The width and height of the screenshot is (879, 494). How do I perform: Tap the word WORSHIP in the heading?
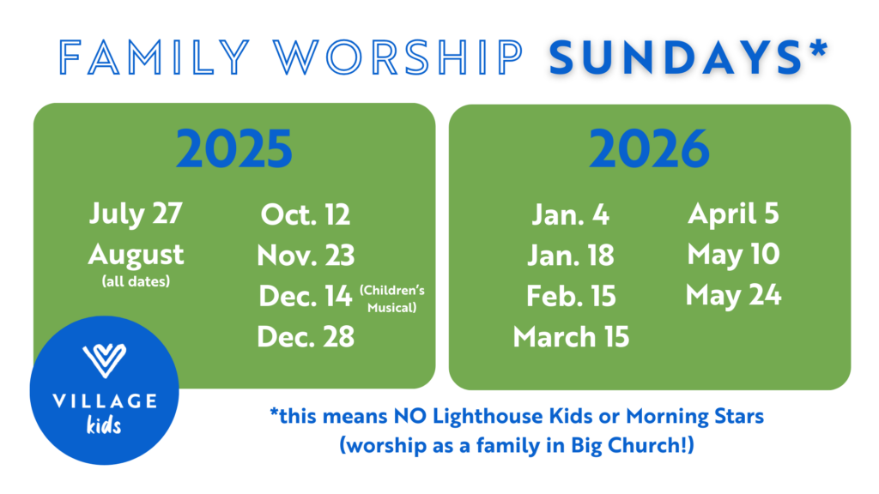pyautogui.click(x=398, y=57)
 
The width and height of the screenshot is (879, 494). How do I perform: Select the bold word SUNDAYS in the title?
pyautogui.click(x=676, y=57)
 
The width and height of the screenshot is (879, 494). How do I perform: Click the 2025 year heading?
pyautogui.click(x=234, y=148)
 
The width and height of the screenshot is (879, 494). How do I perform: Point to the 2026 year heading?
pyautogui.click(x=649, y=148)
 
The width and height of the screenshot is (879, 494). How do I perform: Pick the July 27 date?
pyautogui.click(x=136, y=214)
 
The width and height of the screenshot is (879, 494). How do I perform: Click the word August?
pyautogui.click(x=136, y=256)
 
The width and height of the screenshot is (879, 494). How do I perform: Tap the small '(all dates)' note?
pyautogui.click(x=136, y=280)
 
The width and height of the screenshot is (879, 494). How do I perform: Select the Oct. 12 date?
pyautogui.click(x=306, y=214)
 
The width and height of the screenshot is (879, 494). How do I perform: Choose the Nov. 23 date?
pyautogui.click(x=306, y=256)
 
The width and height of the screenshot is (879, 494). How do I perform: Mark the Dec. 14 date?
pyautogui.click(x=305, y=296)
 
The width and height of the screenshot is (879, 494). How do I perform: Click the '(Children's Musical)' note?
pyautogui.click(x=391, y=298)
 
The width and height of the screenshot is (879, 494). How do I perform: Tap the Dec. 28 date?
pyautogui.click(x=306, y=336)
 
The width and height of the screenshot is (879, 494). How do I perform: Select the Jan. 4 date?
pyautogui.click(x=570, y=214)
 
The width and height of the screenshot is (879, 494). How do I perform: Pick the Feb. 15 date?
pyautogui.click(x=571, y=296)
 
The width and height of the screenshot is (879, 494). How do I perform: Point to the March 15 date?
pyautogui.click(x=571, y=336)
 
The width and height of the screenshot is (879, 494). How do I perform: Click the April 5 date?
pyautogui.click(x=733, y=214)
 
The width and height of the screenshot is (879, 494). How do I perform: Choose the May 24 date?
pyautogui.click(x=733, y=296)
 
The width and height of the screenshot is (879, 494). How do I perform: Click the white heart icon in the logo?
pyautogui.click(x=104, y=360)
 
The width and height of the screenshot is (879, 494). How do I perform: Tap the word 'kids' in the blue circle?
pyautogui.click(x=104, y=425)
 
